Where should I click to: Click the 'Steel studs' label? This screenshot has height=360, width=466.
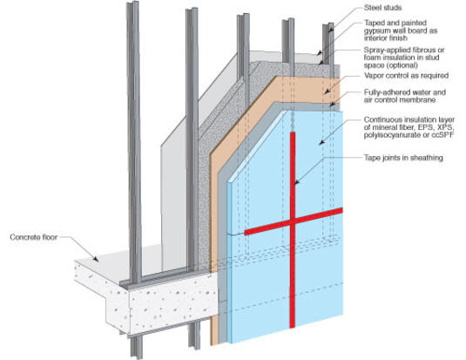(x=382, y=8)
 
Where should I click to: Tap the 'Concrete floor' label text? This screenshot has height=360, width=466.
(x=34, y=237)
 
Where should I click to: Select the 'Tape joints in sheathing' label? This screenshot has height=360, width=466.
(x=403, y=158)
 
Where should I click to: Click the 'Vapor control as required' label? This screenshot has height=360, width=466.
(x=406, y=76)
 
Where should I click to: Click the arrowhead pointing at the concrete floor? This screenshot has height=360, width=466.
(x=96, y=259)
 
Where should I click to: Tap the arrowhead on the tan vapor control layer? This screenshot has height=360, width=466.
(x=327, y=92)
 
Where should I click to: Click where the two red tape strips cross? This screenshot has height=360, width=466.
(x=293, y=221)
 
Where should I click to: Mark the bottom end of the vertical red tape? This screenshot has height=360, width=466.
(x=293, y=327)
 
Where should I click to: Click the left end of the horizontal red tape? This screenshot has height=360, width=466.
(x=245, y=233)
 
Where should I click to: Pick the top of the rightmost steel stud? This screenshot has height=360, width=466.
(x=328, y=25)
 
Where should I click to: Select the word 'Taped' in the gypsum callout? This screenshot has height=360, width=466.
(x=375, y=23)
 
